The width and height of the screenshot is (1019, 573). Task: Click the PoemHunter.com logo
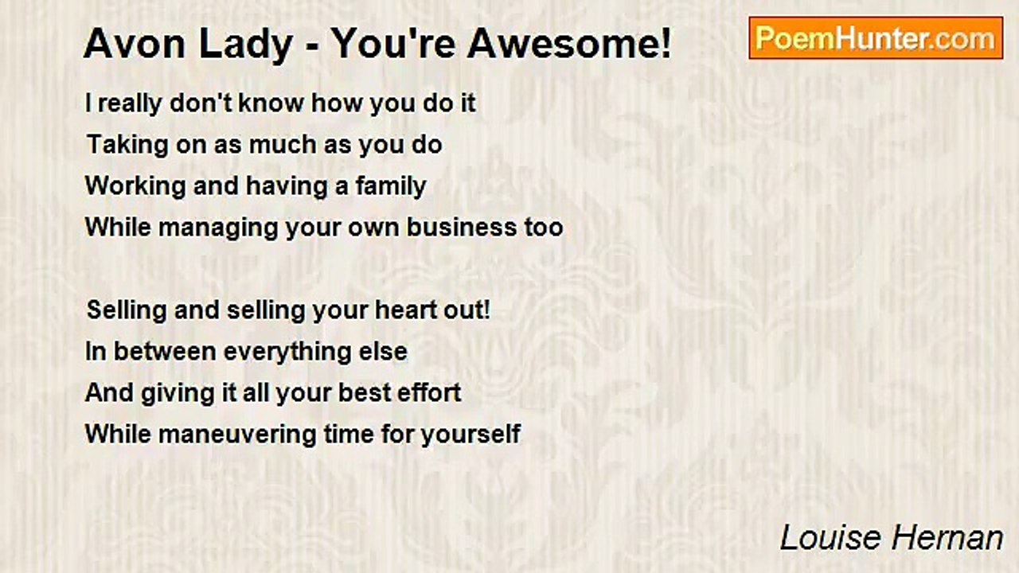pyautogui.click(x=876, y=38)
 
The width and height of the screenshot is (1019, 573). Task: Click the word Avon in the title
pyautogui.click(x=135, y=44)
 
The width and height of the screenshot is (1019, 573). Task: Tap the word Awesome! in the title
pyautogui.click(x=569, y=44)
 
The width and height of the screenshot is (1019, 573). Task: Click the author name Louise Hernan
pyautogui.click(x=892, y=538)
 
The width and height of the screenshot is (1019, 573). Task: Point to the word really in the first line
pyautogui.click(x=130, y=104)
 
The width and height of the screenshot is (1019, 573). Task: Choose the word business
pyautogui.click(x=462, y=227)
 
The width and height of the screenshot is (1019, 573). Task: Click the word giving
pyautogui.click(x=178, y=394)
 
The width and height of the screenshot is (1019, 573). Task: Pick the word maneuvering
pyautogui.click(x=237, y=434)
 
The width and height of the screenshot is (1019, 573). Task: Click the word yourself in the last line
pyautogui.click(x=470, y=435)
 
